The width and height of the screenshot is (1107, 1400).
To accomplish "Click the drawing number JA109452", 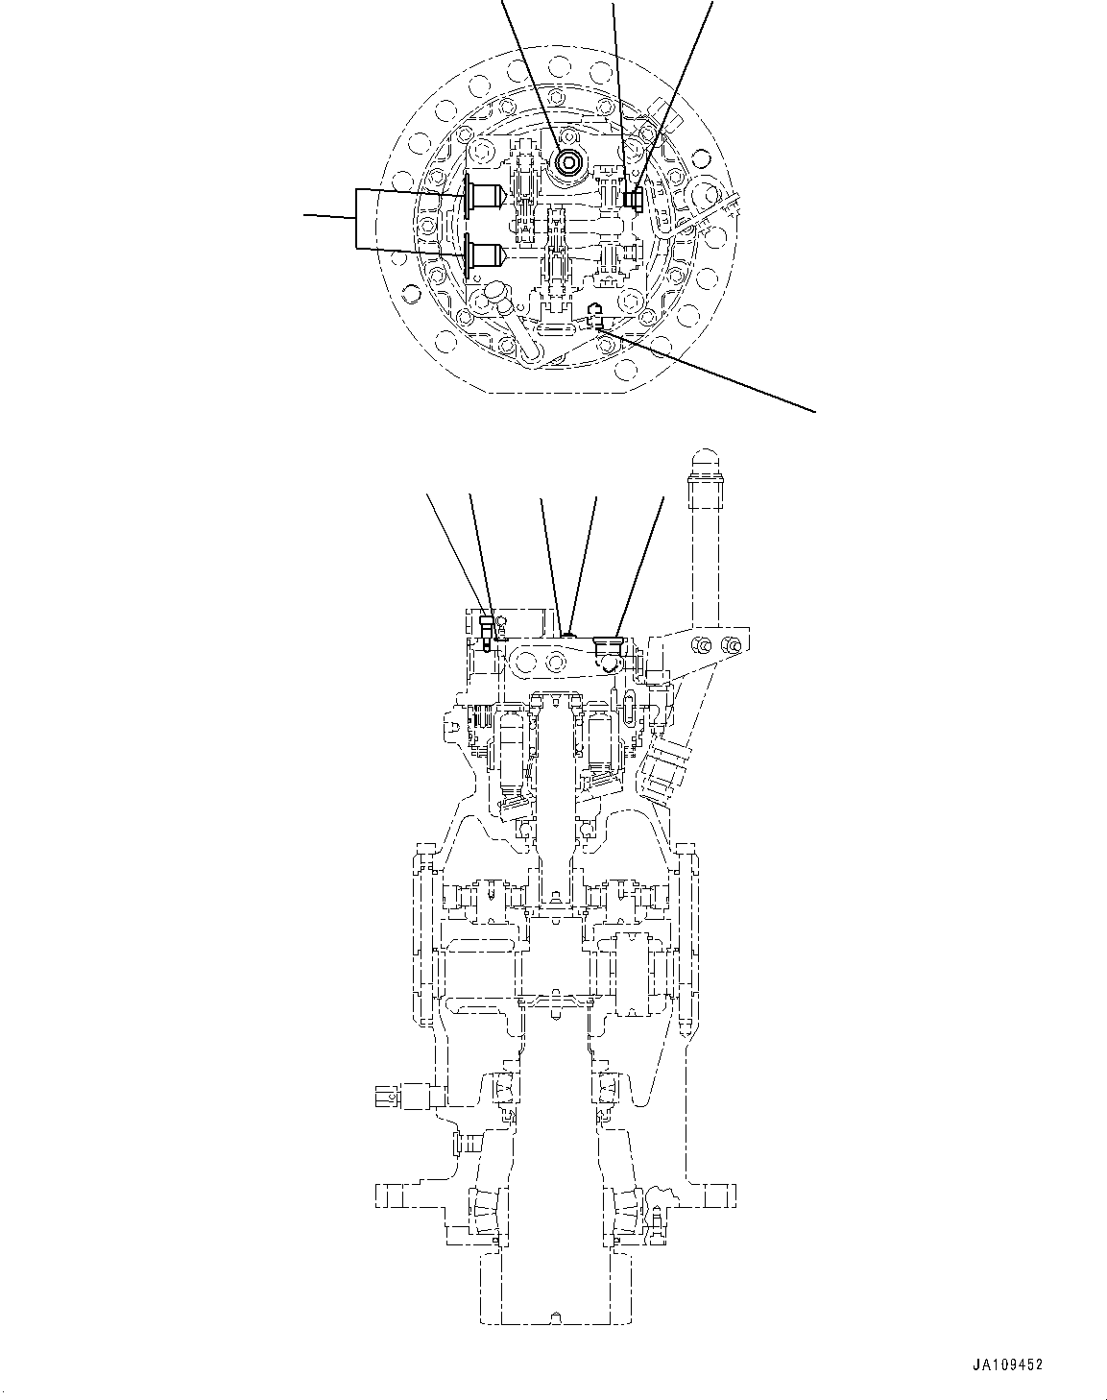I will pyautogui.click(x=1006, y=1364).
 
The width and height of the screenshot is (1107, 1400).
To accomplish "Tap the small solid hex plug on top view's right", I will pyautogui.click(x=633, y=199).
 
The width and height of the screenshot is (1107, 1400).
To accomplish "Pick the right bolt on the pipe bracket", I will pyautogui.click(x=734, y=645).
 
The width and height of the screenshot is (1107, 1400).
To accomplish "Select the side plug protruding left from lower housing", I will pyautogui.click(x=403, y=1096).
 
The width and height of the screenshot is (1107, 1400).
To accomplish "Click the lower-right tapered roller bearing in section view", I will pyautogui.click(x=625, y=1204).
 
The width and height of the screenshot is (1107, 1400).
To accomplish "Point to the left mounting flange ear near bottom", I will pyautogui.click(x=396, y=1196).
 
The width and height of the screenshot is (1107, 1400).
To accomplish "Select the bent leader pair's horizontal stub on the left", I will pyautogui.click(x=329, y=217).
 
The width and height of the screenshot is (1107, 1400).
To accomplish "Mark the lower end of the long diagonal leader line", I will pyautogui.click(x=815, y=411).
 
